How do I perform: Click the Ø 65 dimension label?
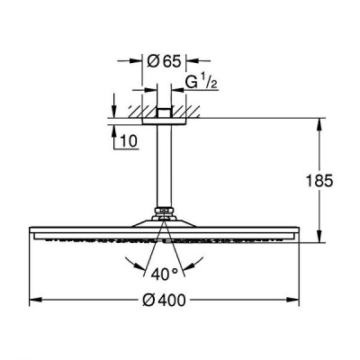pyautogui.click(x=165, y=61)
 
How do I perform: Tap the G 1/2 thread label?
pyautogui.click(x=201, y=82)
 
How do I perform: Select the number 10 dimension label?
pyautogui.click(x=129, y=140)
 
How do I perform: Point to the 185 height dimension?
pyautogui.click(x=319, y=181)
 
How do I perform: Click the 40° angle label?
pyautogui.click(x=165, y=274)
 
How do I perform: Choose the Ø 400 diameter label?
pyautogui.click(x=164, y=300)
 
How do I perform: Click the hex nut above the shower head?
pyautogui.click(x=164, y=211)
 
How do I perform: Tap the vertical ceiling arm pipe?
pyautogui.click(x=164, y=166)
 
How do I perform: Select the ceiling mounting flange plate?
pyautogui.click(x=164, y=121)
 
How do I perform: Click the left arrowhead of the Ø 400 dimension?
pyautogui.click(x=35, y=300)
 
